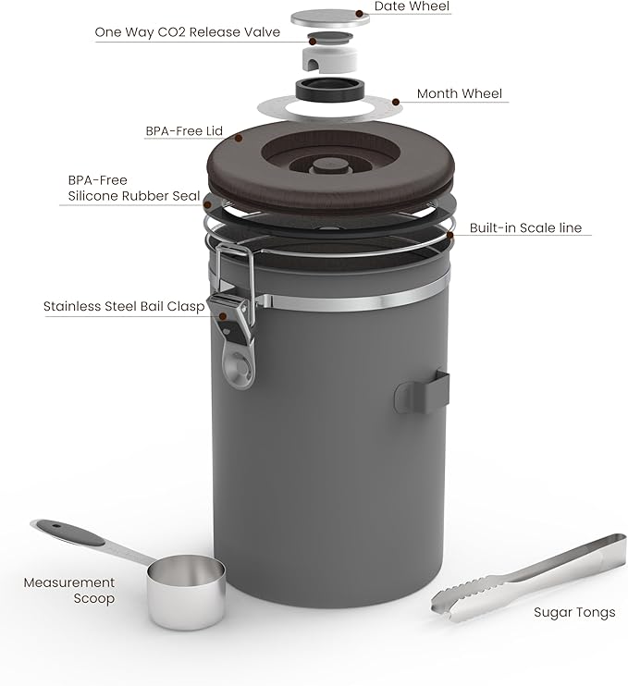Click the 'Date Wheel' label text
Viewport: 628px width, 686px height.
412,7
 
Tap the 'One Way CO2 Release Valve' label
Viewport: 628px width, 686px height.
187,32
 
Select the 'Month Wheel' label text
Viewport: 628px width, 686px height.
460,94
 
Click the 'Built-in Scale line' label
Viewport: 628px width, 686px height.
525,227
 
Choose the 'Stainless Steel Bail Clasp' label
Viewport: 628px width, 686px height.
123,306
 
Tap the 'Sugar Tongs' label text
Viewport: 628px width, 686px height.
573,612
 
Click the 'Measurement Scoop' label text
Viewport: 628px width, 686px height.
69,590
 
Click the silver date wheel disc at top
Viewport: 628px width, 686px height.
330,18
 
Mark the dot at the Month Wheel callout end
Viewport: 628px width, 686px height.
397,102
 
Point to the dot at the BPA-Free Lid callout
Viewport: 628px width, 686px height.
239,139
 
